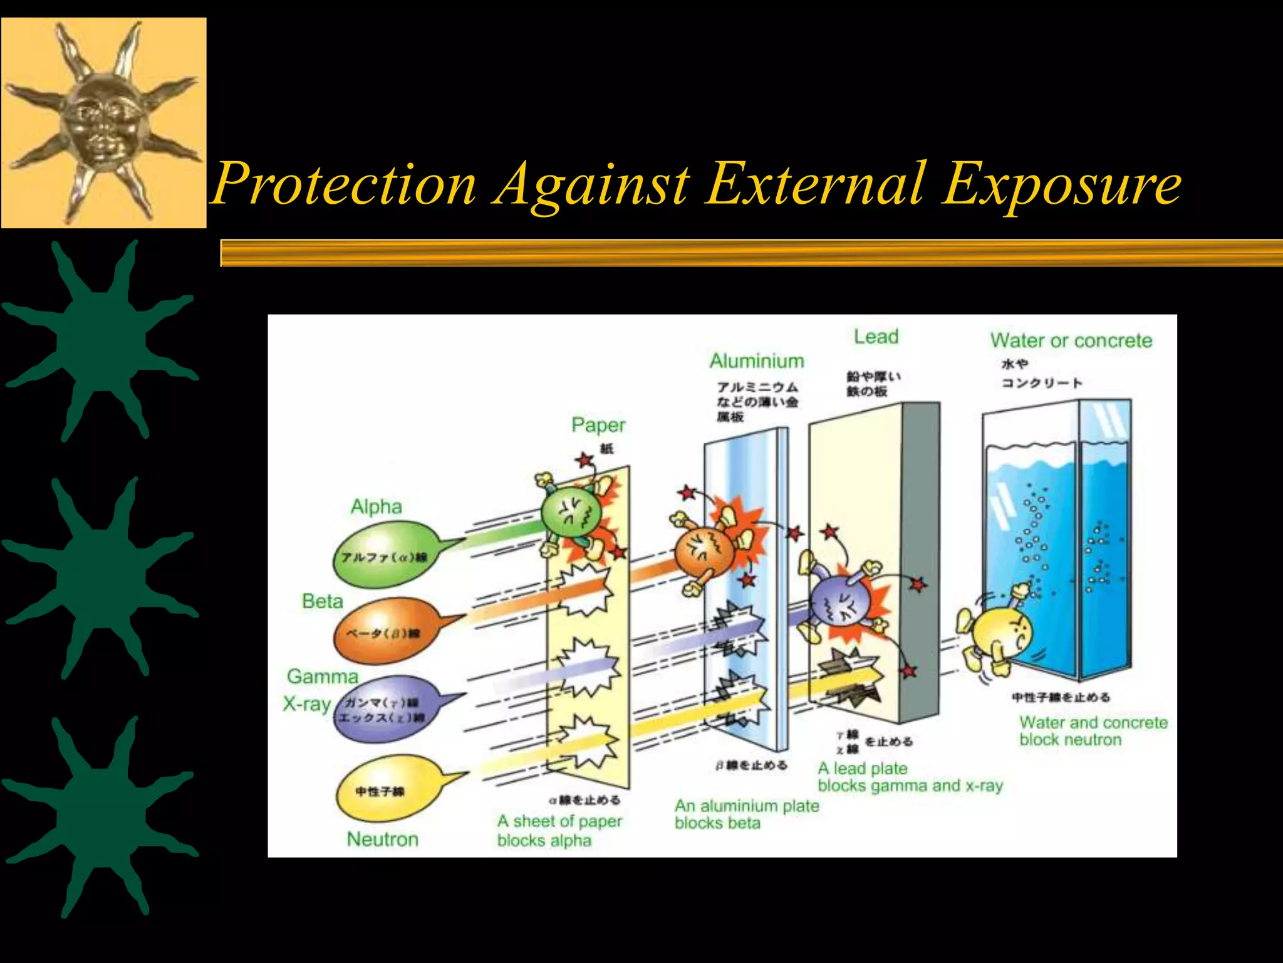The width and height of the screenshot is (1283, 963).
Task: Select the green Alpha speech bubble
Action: (388, 555)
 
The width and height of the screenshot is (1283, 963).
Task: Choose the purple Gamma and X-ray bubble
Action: (385, 708)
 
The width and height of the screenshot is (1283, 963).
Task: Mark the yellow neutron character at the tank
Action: (999, 636)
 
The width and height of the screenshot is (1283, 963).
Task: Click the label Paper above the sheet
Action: (598, 425)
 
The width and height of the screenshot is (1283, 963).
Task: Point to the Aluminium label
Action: (757, 361)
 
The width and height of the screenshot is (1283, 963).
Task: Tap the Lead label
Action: (876, 337)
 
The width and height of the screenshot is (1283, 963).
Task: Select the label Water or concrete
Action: (1071, 340)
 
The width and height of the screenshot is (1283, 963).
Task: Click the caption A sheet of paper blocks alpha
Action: (559, 831)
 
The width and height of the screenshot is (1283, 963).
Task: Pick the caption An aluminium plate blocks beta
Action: (746, 814)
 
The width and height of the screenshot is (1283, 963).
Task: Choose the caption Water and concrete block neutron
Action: (1093, 731)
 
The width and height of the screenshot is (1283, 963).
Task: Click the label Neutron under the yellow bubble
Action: (382, 839)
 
